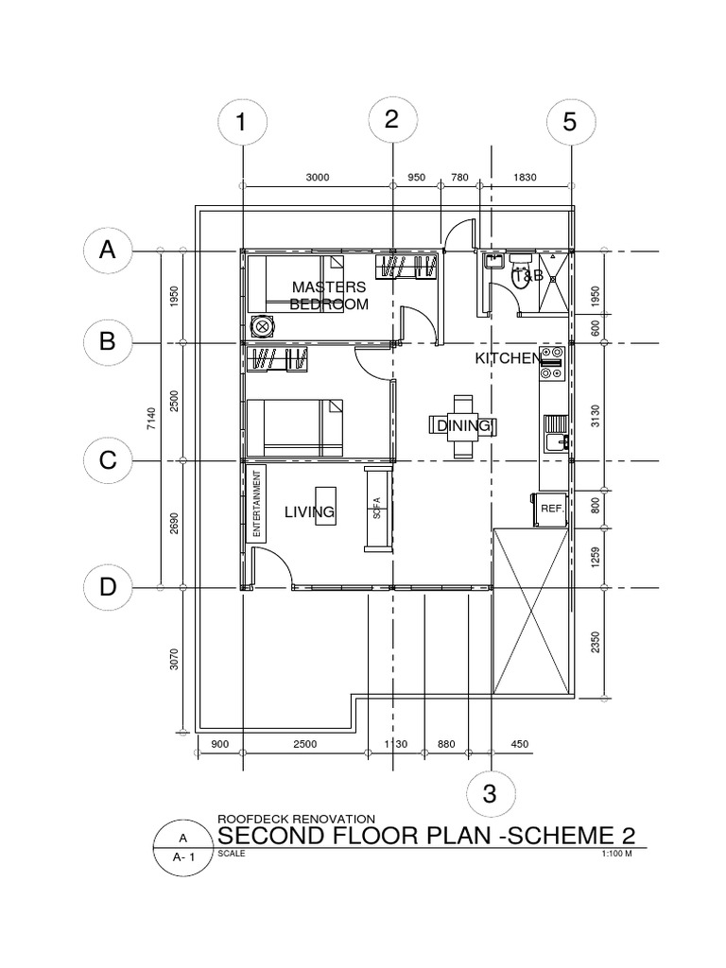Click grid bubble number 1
(x=241, y=123)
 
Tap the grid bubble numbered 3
(x=490, y=792)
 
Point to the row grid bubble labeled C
(x=108, y=460)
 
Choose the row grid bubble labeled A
(x=108, y=251)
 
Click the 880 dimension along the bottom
(x=446, y=745)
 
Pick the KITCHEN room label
(x=508, y=359)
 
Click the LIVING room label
(x=310, y=512)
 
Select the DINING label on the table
(x=463, y=426)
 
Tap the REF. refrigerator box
(x=550, y=508)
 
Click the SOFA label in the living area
(x=376, y=510)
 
